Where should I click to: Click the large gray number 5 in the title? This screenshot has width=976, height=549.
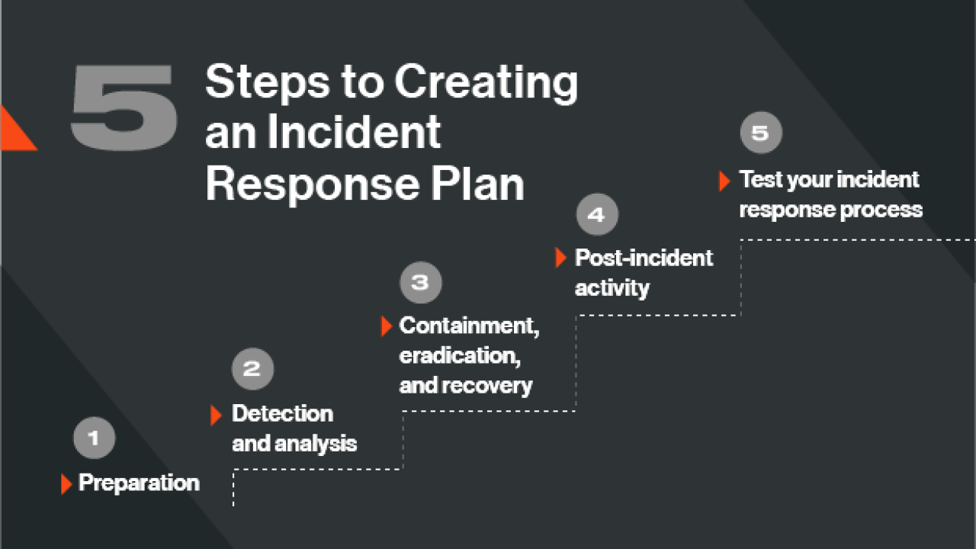(x=124, y=107)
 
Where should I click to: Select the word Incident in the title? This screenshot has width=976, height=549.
(x=354, y=133)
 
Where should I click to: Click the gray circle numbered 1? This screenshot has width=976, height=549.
(x=95, y=438)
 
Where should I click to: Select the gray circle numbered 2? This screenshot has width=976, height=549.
(x=252, y=369)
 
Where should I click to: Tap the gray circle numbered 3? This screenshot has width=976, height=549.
(x=421, y=282)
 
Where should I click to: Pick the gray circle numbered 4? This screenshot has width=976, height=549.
(x=597, y=215)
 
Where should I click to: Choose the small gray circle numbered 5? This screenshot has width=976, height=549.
(x=761, y=133)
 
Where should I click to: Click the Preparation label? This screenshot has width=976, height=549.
(x=139, y=483)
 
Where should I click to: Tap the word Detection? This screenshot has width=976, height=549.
(x=282, y=414)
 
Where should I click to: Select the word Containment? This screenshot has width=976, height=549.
(x=469, y=326)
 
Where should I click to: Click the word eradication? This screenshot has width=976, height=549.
(x=460, y=355)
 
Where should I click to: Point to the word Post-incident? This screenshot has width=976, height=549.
(x=644, y=258)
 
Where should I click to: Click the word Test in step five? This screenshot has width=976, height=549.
(x=761, y=180)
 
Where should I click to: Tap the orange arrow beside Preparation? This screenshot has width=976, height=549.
(x=66, y=483)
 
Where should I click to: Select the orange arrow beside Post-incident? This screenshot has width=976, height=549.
(x=560, y=258)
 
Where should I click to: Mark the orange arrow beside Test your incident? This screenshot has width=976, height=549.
(x=724, y=181)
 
